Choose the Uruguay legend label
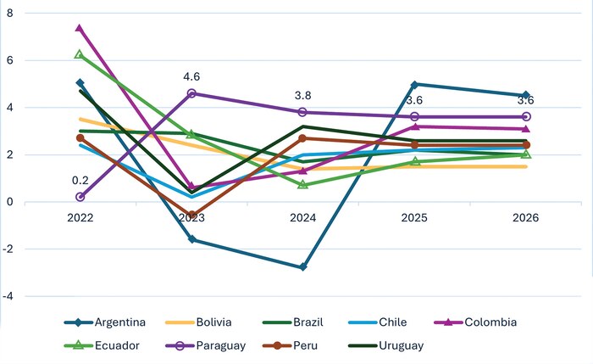(x=400, y=345)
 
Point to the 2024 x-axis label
(x=302, y=219)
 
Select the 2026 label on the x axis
(x=524, y=219)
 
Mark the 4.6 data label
(x=191, y=77)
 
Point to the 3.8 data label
(x=303, y=96)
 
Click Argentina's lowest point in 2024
(x=302, y=267)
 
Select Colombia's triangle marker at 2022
(x=80, y=28)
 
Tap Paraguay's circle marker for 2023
(x=191, y=93)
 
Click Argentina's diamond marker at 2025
(x=414, y=84)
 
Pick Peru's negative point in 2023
(x=191, y=216)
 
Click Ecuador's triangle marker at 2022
(x=80, y=54)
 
